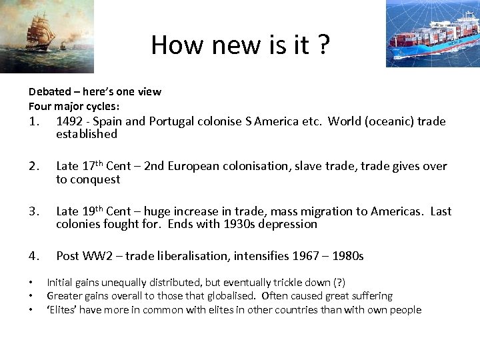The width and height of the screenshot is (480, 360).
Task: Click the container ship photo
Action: [432, 33]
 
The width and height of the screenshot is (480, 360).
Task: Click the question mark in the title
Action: [323, 45]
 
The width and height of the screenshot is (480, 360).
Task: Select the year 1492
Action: [70, 121]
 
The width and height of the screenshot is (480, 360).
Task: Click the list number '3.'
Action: [36, 211]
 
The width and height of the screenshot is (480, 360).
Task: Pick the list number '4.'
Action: [36, 256]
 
